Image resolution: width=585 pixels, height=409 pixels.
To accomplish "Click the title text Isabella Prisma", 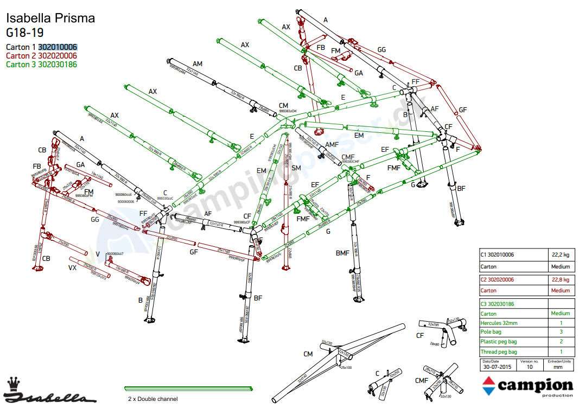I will point(50,18).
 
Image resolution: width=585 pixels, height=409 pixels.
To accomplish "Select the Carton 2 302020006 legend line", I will point(41,55).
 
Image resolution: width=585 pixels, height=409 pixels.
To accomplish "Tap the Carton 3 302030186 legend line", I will point(41,64).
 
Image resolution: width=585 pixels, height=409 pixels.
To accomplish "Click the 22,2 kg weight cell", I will point(559,254).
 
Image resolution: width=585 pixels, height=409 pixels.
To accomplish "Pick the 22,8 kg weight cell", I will point(559,279).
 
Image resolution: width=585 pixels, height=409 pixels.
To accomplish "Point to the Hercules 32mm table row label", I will point(499,323).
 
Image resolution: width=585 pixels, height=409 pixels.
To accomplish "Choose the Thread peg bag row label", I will point(499,352).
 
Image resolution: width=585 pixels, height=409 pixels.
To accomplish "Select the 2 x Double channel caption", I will point(152,399).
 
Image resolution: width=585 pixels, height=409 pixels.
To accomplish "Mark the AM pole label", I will point(197,63).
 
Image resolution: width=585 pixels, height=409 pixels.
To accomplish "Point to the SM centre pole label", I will point(296,168).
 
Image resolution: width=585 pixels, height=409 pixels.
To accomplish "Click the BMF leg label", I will point(342,253).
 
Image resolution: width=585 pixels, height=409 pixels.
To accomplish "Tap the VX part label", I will point(72,268).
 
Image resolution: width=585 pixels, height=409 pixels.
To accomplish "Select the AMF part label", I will point(332,144).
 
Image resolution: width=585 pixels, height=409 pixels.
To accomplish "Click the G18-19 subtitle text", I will point(25,32).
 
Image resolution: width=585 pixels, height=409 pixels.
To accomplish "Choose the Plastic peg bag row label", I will point(499,342).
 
